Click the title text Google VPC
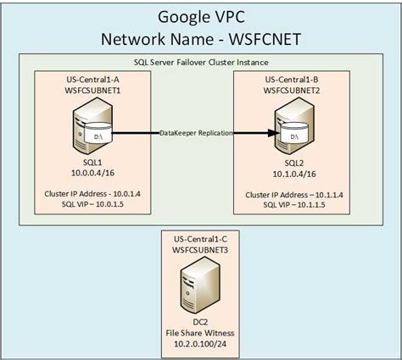(x=201, y=18)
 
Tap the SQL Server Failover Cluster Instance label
(x=201, y=63)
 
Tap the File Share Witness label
(x=200, y=334)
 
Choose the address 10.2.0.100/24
(x=200, y=345)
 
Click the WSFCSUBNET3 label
(x=200, y=252)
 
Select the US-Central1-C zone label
(x=200, y=241)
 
